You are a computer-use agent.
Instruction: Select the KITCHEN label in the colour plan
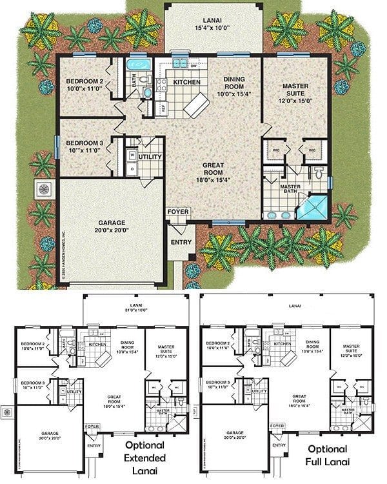[x=186, y=83]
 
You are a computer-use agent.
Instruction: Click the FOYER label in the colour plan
[x=176, y=211]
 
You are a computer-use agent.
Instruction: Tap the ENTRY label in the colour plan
[x=181, y=243]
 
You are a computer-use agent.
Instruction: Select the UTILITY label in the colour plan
[x=150, y=157]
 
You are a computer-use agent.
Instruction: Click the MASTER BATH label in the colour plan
[x=294, y=188]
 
